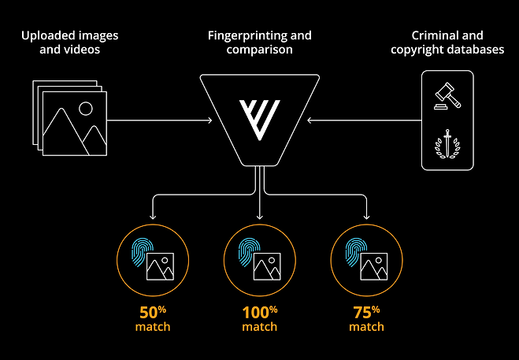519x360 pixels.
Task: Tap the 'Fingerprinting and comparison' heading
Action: [x=259, y=42]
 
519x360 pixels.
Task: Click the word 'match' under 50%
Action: [x=151, y=327]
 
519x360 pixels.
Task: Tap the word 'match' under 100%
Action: [x=259, y=327]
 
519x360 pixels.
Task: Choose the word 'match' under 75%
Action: [x=367, y=327]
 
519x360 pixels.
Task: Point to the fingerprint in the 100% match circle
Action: [x=250, y=253]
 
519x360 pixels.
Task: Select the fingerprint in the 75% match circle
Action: [x=357, y=253]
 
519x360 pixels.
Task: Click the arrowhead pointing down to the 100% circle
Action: [x=259, y=216]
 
